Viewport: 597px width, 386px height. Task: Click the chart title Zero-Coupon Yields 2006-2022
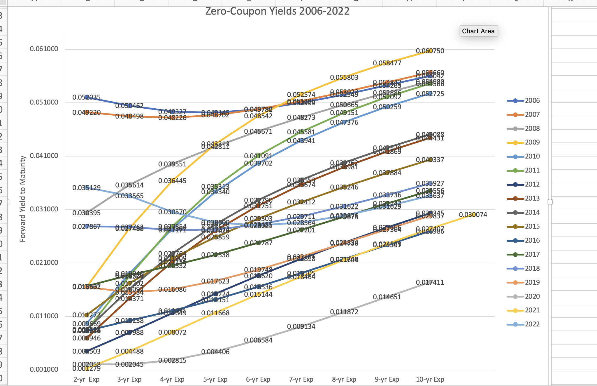coord(277,11)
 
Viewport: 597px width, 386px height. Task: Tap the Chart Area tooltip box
coord(478,31)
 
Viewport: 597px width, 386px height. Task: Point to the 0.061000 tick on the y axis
coord(44,49)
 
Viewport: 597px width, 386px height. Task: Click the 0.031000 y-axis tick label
coord(44,209)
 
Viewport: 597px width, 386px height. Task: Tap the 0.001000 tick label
coord(44,369)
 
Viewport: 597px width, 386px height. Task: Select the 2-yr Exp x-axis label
coord(86,379)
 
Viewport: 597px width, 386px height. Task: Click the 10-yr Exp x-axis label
coord(430,379)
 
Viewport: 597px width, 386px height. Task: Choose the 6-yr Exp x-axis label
coord(258,379)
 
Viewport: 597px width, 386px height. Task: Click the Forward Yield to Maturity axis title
coord(23,199)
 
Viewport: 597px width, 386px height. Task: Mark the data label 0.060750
coord(430,51)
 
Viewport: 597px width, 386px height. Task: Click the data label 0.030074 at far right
coord(473,215)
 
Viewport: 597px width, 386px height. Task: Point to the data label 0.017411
coord(430,282)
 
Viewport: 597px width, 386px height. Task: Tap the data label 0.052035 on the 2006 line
coord(86,97)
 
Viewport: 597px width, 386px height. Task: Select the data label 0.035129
coord(86,188)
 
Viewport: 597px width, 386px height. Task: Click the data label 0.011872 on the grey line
coord(344,312)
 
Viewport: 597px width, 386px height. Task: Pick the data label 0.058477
coord(387,63)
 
